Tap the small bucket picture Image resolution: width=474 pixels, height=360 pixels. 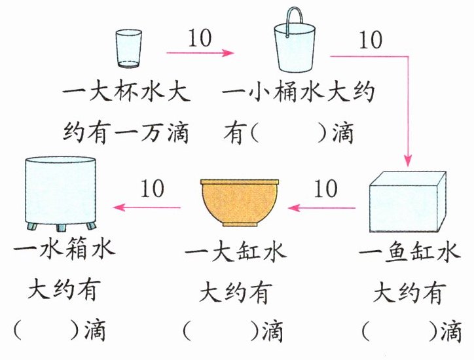(x=294, y=49)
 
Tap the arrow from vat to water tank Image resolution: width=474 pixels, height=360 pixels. (x=151, y=207)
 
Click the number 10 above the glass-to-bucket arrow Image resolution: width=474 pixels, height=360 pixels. (x=200, y=38)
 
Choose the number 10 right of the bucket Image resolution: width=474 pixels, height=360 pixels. (x=371, y=40)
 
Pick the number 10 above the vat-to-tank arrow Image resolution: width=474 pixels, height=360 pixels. (x=152, y=189)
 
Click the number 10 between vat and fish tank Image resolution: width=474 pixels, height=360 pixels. (x=325, y=189)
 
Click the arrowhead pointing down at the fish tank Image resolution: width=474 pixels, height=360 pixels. (x=407, y=160)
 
